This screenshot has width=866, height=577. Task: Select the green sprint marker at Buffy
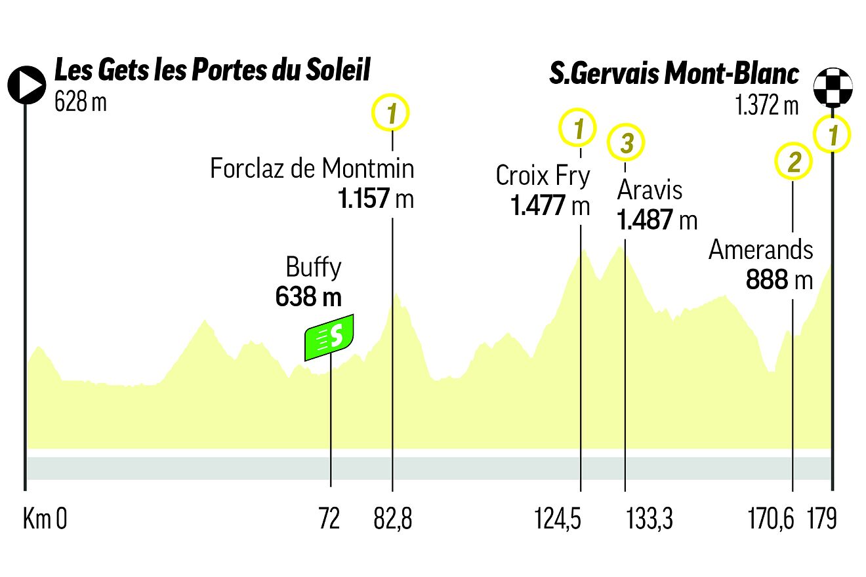click(330, 337)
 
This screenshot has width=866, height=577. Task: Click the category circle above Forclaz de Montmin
click(392, 114)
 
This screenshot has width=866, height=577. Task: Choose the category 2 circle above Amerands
click(794, 161)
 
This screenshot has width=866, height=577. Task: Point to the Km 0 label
click(45, 520)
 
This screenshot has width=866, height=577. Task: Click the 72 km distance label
click(329, 520)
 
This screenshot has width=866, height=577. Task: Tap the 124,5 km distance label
click(567, 520)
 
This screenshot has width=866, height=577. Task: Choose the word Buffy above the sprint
click(313, 268)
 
